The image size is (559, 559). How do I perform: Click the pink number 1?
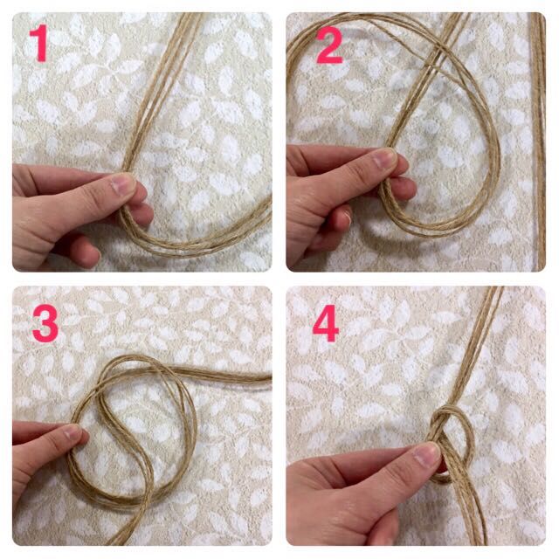pyautogui.click(x=39, y=43)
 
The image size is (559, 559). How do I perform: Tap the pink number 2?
pyautogui.click(x=329, y=45)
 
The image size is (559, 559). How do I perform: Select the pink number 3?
pyautogui.click(x=45, y=324)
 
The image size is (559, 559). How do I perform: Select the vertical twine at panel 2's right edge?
pyautogui.click(x=538, y=142)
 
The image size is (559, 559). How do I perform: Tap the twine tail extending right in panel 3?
pyautogui.click(x=221, y=375)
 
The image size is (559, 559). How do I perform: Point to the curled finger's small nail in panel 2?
pyautogui.click(x=348, y=217)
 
